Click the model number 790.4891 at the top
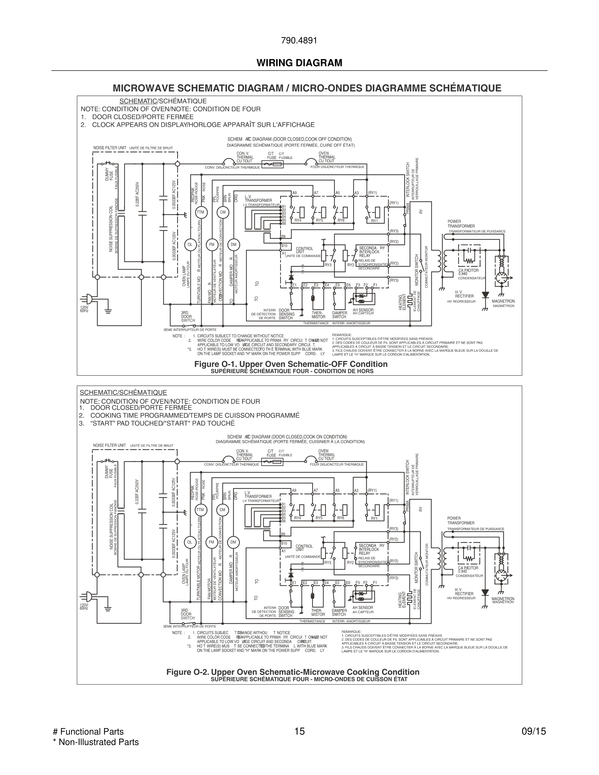(x=299, y=41)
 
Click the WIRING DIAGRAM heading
(x=299, y=63)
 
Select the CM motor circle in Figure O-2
(x=223, y=510)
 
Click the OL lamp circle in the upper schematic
(x=190, y=245)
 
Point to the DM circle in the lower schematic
(x=233, y=542)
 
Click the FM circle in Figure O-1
(x=212, y=245)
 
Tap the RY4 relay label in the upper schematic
(x=298, y=220)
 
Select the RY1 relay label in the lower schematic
(x=374, y=518)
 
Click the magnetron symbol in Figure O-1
(x=501, y=278)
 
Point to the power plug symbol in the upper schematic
(x=86, y=299)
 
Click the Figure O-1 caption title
(x=291, y=364)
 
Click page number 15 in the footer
(x=299, y=731)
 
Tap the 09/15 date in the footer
(x=533, y=731)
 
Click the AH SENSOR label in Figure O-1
(x=363, y=310)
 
